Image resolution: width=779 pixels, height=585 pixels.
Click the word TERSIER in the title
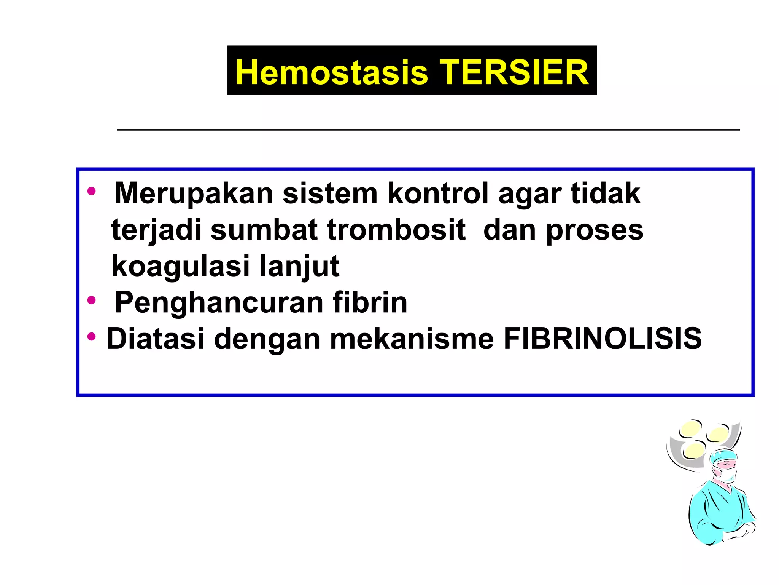coord(514,72)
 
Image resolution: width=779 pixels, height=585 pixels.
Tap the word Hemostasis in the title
coord(332,72)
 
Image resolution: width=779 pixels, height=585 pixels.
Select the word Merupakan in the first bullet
coord(194,193)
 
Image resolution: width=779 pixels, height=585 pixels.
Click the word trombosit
coord(396,230)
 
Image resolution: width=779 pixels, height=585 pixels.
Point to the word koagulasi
coord(180,266)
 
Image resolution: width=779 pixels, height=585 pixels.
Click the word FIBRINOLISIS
coord(603,338)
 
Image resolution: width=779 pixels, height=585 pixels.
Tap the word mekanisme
coord(412,339)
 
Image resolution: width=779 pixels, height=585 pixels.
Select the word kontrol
coord(438,193)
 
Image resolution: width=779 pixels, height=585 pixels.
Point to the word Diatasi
coord(155,338)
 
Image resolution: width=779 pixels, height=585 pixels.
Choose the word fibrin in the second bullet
coord(370,302)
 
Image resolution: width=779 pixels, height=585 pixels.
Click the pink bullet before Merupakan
coord(91,191)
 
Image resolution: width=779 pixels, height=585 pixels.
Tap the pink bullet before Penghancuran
coord(91,300)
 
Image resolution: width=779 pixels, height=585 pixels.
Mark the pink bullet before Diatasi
coord(91,337)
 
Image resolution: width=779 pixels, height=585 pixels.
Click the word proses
coord(595,230)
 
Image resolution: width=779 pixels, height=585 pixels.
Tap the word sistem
coord(330,193)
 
